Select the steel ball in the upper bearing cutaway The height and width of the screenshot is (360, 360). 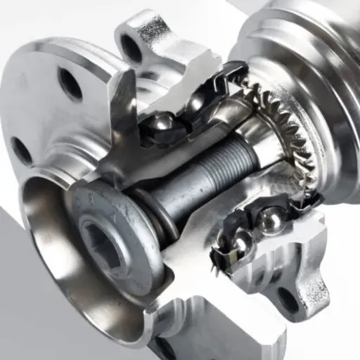163,124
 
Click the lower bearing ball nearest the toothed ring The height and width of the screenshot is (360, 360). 269,220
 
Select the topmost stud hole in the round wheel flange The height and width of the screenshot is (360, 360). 70,84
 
